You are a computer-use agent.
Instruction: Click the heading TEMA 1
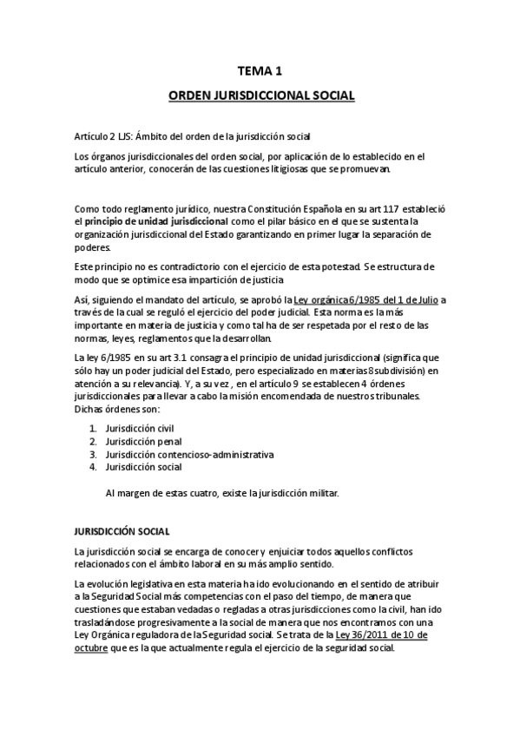pyautogui.click(x=260, y=72)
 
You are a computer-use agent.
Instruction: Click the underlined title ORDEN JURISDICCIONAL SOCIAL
pyautogui.click(x=260, y=96)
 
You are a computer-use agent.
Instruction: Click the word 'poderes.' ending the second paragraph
pyautogui.click(x=95, y=246)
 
